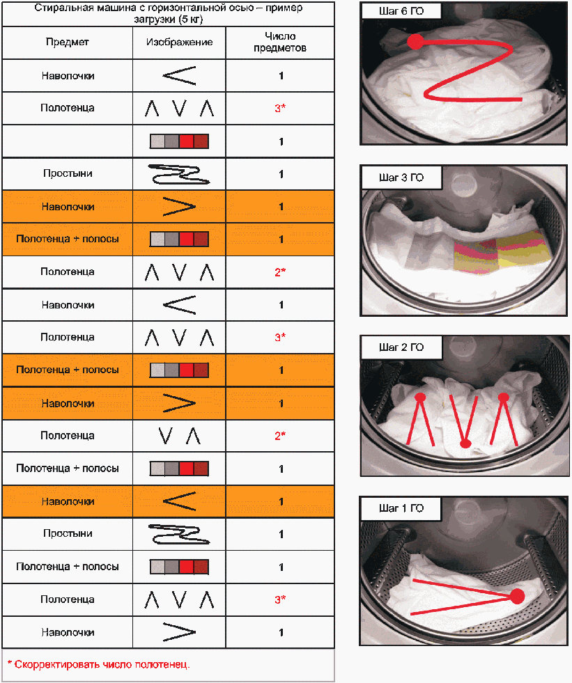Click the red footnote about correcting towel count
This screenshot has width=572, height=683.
pos(98,664)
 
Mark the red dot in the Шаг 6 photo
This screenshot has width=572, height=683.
pos(415,42)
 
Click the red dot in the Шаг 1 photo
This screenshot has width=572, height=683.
pos(517,596)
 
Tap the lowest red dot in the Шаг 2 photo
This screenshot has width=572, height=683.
pos(466,443)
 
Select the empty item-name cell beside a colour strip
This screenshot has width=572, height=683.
pos(67,141)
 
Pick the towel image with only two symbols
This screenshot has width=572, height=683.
pos(179,436)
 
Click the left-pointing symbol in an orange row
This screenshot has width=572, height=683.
pos(179,501)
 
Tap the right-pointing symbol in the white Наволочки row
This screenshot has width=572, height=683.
pos(179,632)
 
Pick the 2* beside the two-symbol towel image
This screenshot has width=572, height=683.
pos(280,436)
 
